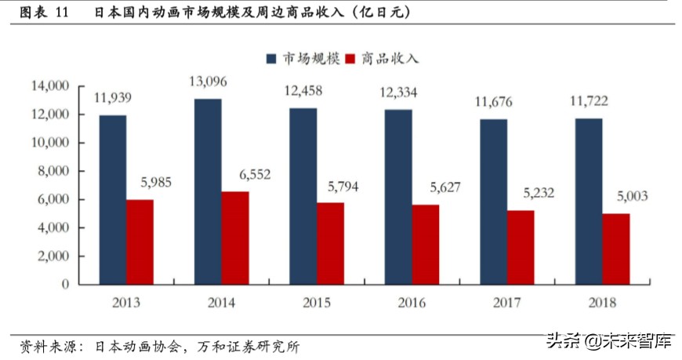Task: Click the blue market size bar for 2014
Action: pos(208,191)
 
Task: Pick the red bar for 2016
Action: pos(426,244)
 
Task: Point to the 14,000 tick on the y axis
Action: pos(49,85)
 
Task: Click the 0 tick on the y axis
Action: pos(66,284)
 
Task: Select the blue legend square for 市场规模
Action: pos(271,59)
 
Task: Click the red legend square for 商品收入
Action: pos(350,59)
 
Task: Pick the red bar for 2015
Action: pos(330,243)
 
